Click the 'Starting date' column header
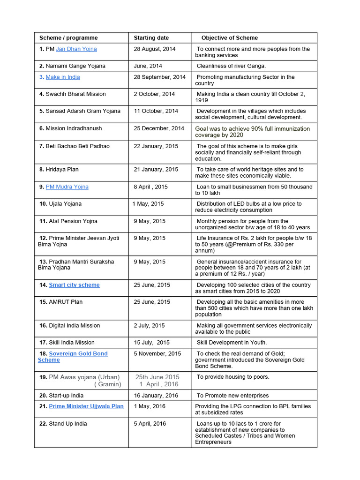tap(151, 37)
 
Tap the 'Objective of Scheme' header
tap(229, 37)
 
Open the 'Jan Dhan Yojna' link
tap(76, 49)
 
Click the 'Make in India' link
tap(63, 77)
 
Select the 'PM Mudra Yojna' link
tap(67, 187)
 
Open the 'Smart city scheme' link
tap(74, 285)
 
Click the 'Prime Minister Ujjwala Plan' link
tap(86, 406)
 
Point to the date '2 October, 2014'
tap(154, 94)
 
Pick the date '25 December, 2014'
tap(159, 128)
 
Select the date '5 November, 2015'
tap(157, 353)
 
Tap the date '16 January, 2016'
tap(156, 396)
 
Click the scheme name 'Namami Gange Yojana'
tap(75, 66)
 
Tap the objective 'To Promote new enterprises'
tap(232, 396)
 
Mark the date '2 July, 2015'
tap(149, 325)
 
